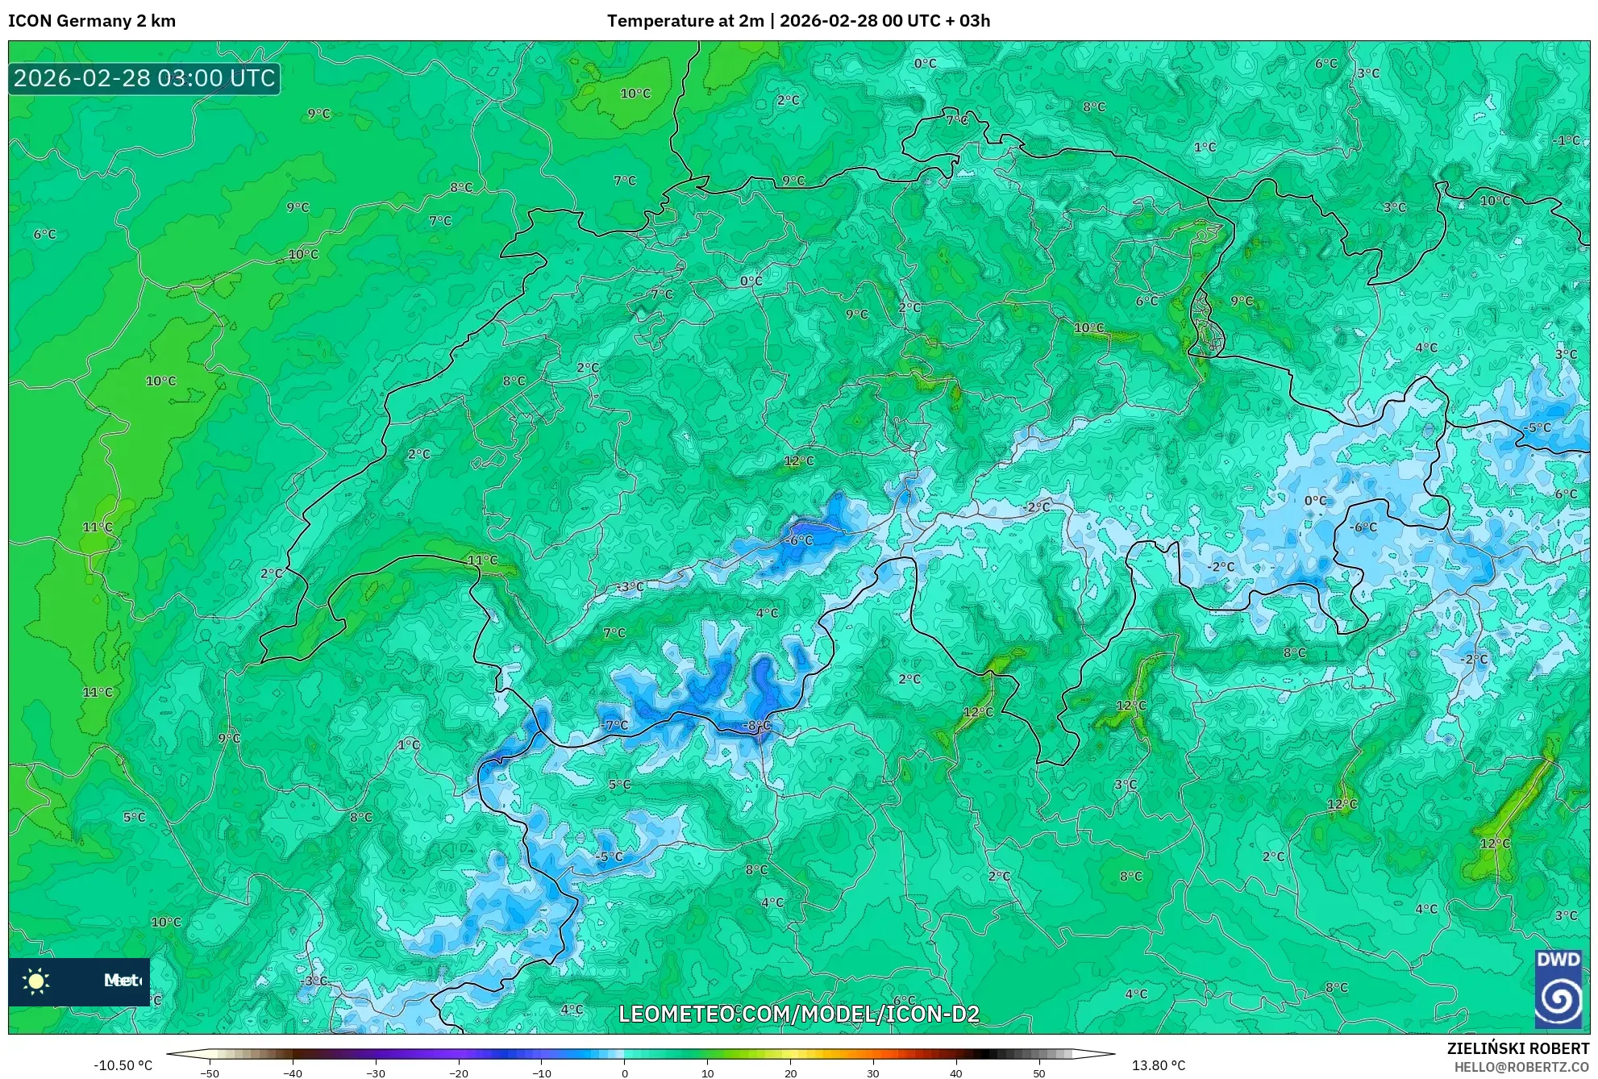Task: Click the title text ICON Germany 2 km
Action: pyautogui.click(x=92, y=21)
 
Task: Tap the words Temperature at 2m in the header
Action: pyautogui.click(x=685, y=21)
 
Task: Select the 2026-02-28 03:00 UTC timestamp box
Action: pyautogui.click(x=144, y=78)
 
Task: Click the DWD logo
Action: pyautogui.click(x=1558, y=989)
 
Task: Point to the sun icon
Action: pyautogui.click(x=36, y=981)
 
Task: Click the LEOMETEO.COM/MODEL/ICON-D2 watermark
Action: pyautogui.click(x=798, y=1014)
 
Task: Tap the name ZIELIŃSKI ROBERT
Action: pyautogui.click(x=1517, y=1048)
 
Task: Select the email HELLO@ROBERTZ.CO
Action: pyautogui.click(x=1521, y=1067)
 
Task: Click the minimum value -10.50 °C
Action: pyautogui.click(x=123, y=1065)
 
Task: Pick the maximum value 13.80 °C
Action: pyautogui.click(x=1159, y=1065)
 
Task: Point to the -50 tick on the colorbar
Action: pyautogui.click(x=209, y=1073)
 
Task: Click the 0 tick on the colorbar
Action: pyautogui.click(x=624, y=1073)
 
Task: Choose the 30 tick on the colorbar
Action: pyautogui.click(x=873, y=1073)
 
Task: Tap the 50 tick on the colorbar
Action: pyautogui.click(x=1039, y=1073)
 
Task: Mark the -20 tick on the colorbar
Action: pyautogui.click(x=458, y=1073)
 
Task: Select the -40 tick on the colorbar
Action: pyautogui.click(x=292, y=1073)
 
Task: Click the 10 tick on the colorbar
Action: pyautogui.click(x=707, y=1073)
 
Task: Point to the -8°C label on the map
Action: pyautogui.click(x=757, y=725)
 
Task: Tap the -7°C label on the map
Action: pyautogui.click(x=614, y=725)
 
